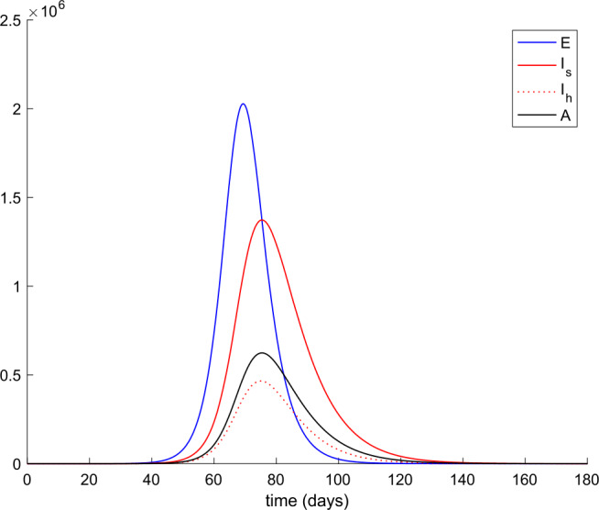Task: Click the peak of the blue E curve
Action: click(x=243, y=104)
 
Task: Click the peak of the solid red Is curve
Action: click(x=263, y=220)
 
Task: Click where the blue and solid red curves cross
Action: click(x=257, y=225)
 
